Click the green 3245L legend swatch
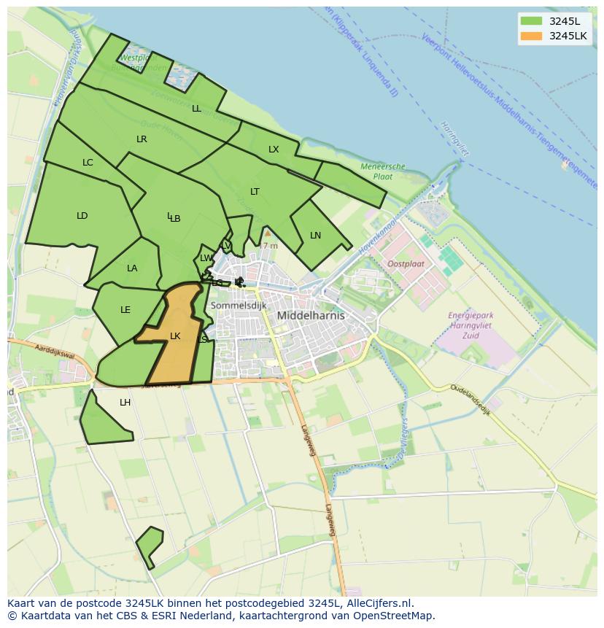[532, 20]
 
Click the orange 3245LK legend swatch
[532, 36]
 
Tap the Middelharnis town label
[311, 316]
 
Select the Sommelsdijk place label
[239, 306]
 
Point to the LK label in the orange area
[175, 336]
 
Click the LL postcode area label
[196, 109]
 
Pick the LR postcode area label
[142, 139]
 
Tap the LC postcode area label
[88, 163]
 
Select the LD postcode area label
[82, 216]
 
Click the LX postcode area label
[274, 150]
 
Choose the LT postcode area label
[255, 192]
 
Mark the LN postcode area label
[315, 236]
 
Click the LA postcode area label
[132, 268]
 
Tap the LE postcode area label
[125, 310]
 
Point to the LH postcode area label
[125, 403]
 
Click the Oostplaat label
[406, 264]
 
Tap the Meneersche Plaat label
[383, 171]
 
